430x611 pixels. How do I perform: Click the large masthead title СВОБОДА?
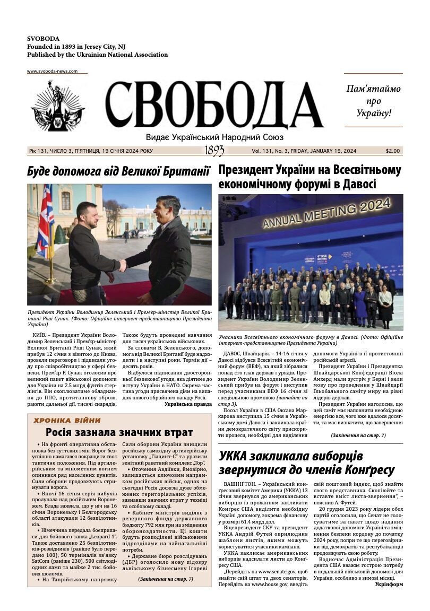(214, 106)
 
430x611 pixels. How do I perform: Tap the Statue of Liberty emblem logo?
(58, 106)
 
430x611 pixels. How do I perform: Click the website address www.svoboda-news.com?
(52, 71)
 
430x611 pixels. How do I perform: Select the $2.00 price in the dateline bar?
(393, 151)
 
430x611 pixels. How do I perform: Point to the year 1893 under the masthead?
(214, 151)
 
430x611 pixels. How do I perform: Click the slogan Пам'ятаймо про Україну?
(373, 101)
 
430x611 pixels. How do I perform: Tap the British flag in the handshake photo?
(45, 221)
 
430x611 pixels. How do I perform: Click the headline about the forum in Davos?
(309, 177)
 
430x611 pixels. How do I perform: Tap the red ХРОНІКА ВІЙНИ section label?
(67, 421)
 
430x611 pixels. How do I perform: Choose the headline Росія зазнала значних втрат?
(119, 432)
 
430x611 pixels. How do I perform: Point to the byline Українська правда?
(188, 404)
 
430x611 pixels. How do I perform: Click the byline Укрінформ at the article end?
(389, 584)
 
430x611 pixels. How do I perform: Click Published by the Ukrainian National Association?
(97, 55)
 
